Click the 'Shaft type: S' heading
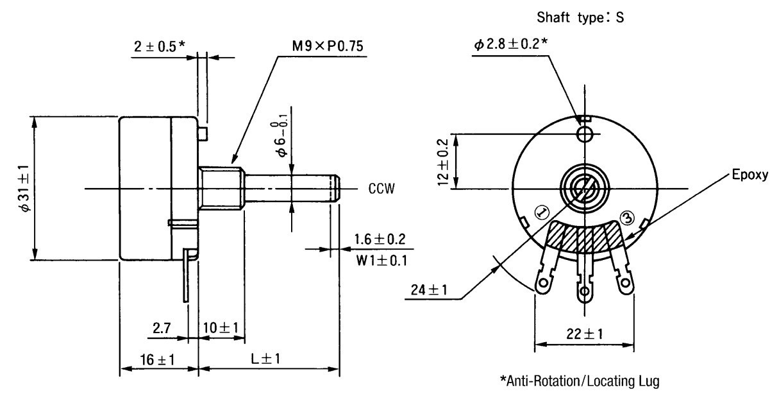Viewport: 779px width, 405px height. pos(580,17)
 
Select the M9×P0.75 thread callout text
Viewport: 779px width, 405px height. pos(328,46)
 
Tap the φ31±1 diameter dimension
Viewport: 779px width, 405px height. pos(25,188)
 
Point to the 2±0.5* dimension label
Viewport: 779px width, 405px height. pos(160,46)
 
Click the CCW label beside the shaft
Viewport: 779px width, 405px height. pos(381,189)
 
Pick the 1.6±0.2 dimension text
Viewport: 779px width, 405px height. pos(380,239)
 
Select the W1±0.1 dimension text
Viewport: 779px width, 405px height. pos(381,260)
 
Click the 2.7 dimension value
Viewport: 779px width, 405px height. pos(162,328)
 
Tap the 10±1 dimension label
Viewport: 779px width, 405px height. pos(221,328)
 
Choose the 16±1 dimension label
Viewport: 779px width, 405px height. pos(157,359)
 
